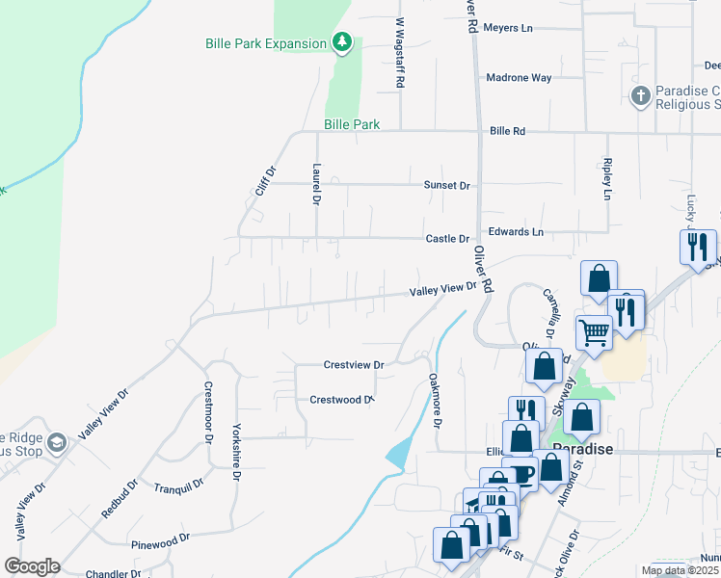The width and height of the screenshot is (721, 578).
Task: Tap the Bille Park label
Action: click(x=352, y=124)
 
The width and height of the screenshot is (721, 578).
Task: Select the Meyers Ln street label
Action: click(x=508, y=28)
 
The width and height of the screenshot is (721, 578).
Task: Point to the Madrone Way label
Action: click(x=519, y=78)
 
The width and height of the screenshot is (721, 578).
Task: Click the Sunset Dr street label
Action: click(x=446, y=185)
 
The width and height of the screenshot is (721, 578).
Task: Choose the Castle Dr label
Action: click(x=448, y=239)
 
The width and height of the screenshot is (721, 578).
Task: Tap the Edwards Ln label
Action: click(x=516, y=232)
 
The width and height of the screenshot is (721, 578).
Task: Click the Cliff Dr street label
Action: click(x=266, y=181)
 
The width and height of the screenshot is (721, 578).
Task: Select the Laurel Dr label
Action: click(x=316, y=184)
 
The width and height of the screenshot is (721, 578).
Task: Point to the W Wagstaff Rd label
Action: click(x=399, y=53)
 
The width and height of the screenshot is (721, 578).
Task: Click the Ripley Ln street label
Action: click(x=607, y=179)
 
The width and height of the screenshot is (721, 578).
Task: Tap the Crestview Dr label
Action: click(x=354, y=365)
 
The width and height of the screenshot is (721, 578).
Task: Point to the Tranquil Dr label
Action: click(x=178, y=487)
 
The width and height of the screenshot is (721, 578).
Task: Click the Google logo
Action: click(x=32, y=566)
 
